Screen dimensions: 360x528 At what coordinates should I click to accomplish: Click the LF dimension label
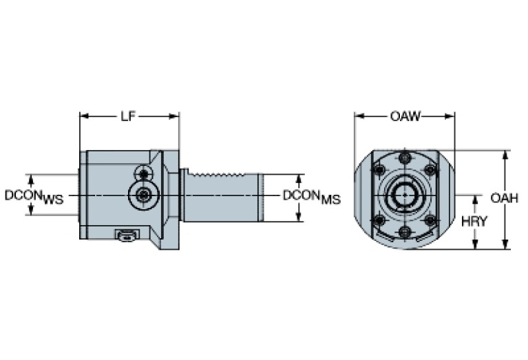(x=128, y=116)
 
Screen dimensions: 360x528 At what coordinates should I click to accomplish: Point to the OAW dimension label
(x=405, y=116)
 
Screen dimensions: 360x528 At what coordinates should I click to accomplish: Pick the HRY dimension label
(x=475, y=222)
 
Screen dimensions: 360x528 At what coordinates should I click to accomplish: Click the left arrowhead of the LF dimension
(x=83, y=116)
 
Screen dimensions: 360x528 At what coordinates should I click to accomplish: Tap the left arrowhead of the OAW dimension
(x=358, y=116)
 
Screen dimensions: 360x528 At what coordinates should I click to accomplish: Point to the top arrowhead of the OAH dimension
(x=506, y=154)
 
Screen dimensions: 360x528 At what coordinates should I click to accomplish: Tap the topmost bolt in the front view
(x=405, y=159)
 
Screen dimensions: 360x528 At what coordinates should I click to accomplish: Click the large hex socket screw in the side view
(x=143, y=195)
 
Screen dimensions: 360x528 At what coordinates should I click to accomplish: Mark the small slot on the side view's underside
(x=127, y=237)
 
